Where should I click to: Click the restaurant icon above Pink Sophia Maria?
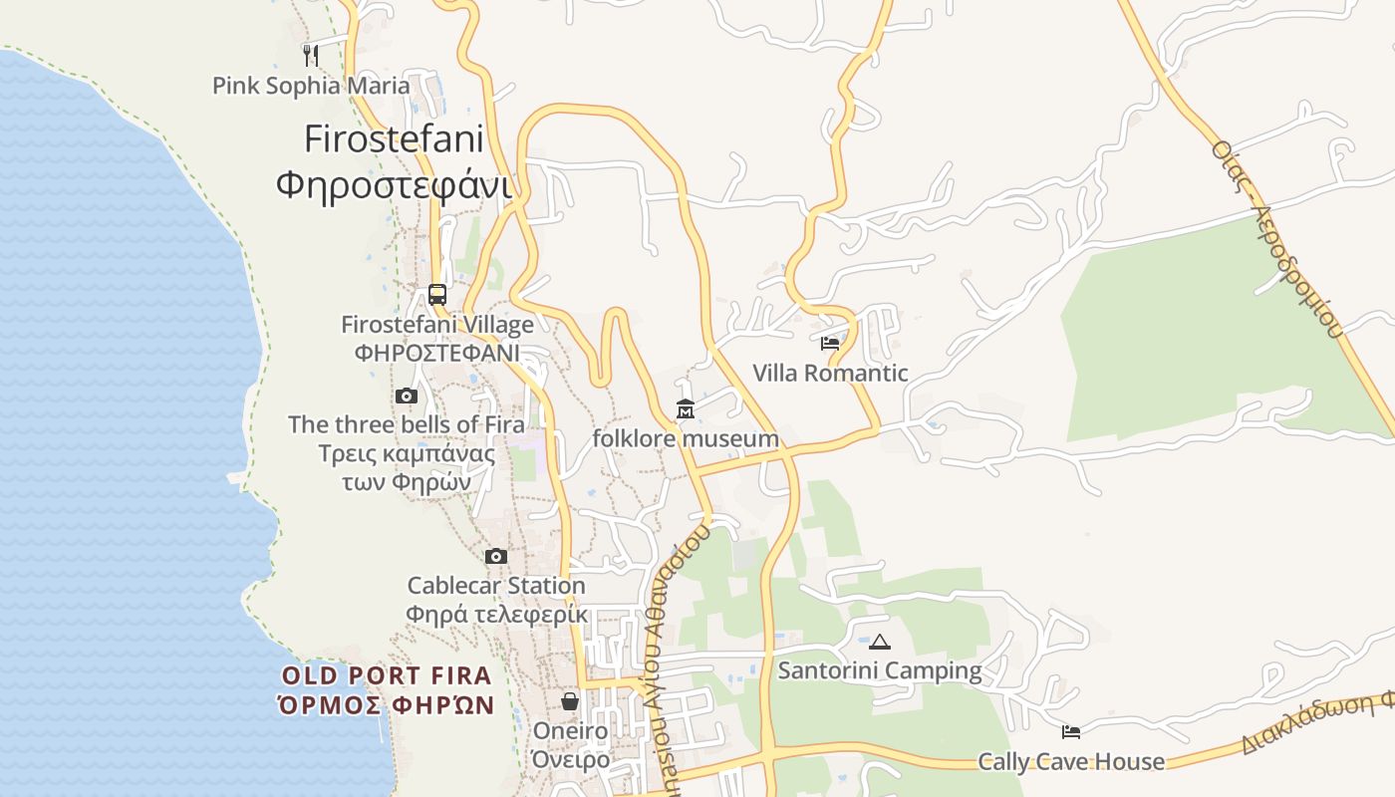click(x=311, y=55)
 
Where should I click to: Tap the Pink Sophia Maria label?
click(x=311, y=86)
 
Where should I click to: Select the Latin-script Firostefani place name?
click(x=394, y=138)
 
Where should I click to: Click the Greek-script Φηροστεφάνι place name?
click(x=394, y=185)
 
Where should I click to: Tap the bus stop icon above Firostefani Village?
click(x=437, y=294)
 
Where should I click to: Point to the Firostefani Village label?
click(x=437, y=325)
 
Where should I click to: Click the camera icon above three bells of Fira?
click(x=406, y=396)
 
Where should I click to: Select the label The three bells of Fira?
click(x=406, y=424)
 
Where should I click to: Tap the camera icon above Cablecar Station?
click(x=496, y=556)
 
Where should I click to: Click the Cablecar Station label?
click(x=496, y=586)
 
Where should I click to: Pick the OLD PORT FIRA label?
click(x=387, y=675)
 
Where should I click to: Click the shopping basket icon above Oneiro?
click(x=570, y=701)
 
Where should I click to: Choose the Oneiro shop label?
click(x=570, y=731)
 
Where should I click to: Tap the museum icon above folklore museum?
click(x=686, y=409)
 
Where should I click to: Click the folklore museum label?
click(x=686, y=438)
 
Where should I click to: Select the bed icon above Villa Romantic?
click(x=830, y=344)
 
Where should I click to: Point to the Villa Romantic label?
click(x=830, y=374)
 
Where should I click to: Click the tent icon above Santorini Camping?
click(x=880, y=642)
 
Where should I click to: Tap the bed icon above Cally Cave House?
click(x=1071, y=732)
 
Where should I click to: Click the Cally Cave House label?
click(x=1071, y=762)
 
